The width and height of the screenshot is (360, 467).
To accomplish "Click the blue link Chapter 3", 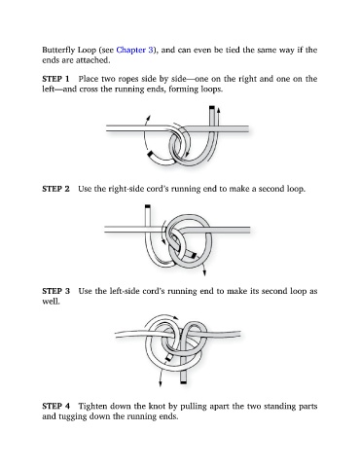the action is pyautogui.click(x=134, y=50).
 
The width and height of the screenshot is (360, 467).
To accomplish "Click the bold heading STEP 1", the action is pyautogui.click(x=55, y=79).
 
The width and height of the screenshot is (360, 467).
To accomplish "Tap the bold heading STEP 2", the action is pyautogui.click(x=55, y=189).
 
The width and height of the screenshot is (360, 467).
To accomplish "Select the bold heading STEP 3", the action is pyautogui.click(x=55, y=291).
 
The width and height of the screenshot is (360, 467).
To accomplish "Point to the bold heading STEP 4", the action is pyautogui.click(x=55, y=406).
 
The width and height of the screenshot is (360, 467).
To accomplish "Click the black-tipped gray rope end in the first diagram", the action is pyautogui.click(x=212, y=108).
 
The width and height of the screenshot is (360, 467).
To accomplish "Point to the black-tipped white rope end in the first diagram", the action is pyautogui.click(x=150, y=155).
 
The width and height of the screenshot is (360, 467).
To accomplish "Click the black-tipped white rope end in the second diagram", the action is pyautogui.click(x=148, y=206).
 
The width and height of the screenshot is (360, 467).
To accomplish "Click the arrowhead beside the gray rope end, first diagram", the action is pyautogui.click(x=219, y=110).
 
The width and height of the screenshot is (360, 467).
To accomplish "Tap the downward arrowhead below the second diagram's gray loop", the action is pyautogui.click(x=204, y=273).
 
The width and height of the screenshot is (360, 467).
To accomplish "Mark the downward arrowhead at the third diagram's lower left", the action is pyautogui.click(x=161, y=384).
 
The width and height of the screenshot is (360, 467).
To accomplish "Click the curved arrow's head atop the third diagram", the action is pyautogui.click(x=176, y=317).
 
